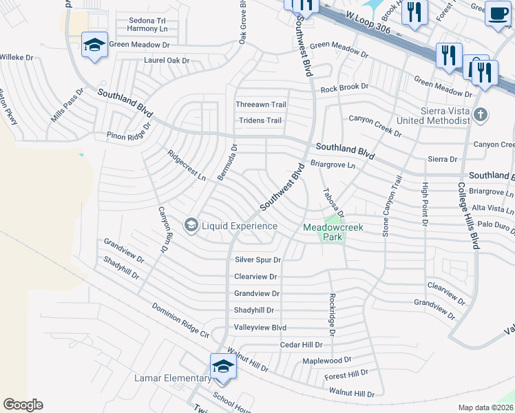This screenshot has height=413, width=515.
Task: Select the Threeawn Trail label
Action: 260,105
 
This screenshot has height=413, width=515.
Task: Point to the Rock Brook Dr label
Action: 344,88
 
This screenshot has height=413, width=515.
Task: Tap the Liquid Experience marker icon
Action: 191,225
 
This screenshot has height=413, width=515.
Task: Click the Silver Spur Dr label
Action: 258,260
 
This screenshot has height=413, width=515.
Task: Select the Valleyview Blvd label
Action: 260,328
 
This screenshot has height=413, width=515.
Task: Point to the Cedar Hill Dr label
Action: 301,344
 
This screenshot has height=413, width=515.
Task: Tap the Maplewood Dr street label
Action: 327,360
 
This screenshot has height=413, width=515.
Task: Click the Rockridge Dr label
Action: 332,314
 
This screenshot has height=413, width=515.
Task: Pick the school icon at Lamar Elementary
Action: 223,367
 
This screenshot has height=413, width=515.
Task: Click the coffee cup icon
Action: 498,12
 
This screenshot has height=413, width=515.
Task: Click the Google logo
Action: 23,405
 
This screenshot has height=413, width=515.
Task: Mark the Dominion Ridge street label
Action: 180,321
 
